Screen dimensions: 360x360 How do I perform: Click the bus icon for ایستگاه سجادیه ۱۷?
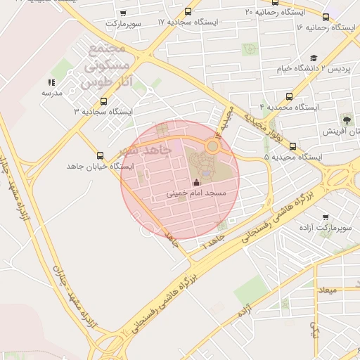click(x=188, y=12)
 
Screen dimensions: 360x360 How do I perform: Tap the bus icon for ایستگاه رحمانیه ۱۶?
click(x=326, y=17)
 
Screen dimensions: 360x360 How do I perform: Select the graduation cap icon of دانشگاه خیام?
click(x=314, y=58)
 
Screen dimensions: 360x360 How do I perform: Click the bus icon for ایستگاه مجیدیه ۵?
click(x=292, y=147)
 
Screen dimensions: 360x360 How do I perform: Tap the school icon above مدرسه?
click(x=52, y=82)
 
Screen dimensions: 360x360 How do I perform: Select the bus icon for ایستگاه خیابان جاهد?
click(x=100, y=156)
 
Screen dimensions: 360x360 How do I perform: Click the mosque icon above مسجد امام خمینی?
click(x=196, y=184)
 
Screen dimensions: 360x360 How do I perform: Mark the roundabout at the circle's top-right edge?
click(x=212, y=146)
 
